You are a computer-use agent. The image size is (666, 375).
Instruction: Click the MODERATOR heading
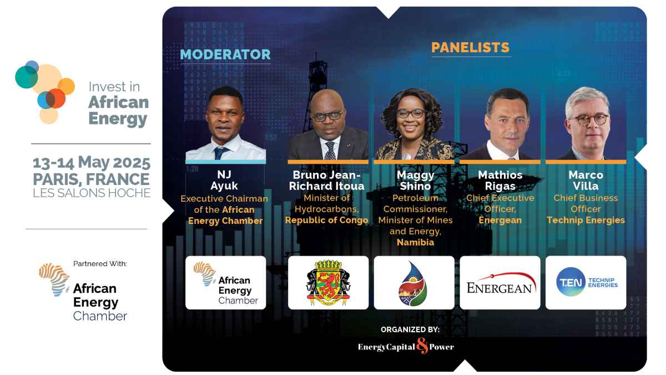coord(225,54)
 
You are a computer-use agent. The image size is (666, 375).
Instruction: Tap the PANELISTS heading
coord(471,47)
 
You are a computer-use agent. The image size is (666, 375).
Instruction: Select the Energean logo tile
coord(500,282)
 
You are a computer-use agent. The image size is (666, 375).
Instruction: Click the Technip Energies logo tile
coord(586,282)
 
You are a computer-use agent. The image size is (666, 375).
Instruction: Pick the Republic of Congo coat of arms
coord(328,282)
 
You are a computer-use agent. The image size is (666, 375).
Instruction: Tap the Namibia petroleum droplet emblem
coord(413,282)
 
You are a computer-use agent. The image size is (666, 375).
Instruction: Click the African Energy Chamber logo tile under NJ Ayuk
coord(225,282)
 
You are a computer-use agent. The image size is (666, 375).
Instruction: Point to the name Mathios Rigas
coord(500,181)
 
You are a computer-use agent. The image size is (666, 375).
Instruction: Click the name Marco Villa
coord(586,181)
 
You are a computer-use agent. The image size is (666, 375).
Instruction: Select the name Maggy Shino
coord(415,181)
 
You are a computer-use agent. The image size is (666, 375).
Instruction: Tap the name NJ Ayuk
coord(224,181)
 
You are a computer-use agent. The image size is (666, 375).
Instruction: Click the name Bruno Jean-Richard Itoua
coord(328,181)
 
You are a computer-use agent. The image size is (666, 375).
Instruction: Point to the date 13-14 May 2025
coord(92,163)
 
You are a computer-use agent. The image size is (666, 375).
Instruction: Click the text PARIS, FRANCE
coord(92,179)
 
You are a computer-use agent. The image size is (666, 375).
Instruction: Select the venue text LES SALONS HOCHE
coord(92,193)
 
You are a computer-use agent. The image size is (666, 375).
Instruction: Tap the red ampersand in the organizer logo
coord(422,346)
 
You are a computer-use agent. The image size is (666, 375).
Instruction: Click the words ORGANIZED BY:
coord(410,329)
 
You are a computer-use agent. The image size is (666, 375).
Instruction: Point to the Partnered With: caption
coord(100,263)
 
